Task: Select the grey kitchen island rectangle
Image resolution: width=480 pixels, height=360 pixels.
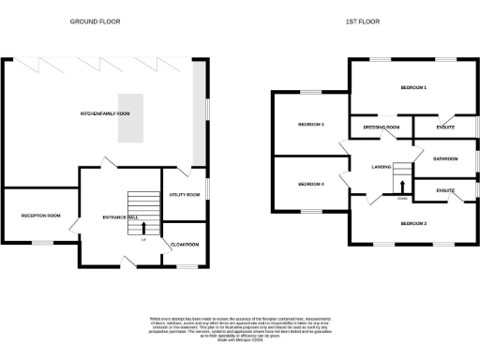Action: (x=132, y=119)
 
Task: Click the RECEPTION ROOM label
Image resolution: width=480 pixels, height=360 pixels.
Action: (x=40, y=216)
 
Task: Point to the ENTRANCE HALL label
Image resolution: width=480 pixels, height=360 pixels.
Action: (x=121, y=217)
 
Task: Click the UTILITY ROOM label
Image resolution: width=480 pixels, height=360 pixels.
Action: (x=185, y=194)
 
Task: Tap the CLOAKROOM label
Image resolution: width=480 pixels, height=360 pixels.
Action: (x=185, y=244)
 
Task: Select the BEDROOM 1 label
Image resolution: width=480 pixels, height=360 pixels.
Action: (x=413, y=88)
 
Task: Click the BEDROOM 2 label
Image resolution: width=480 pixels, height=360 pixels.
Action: (x=413, y=224)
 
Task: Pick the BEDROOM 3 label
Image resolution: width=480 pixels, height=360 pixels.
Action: (x=310, y=124)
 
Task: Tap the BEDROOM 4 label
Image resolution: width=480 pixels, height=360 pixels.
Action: (x=310, y=184)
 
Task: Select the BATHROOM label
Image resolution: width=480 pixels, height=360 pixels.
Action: (x=444, y=158)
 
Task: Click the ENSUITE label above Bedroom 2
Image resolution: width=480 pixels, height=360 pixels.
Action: (x=444, y=191)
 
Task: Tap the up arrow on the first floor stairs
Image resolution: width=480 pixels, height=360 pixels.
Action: (x=402, y=186)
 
